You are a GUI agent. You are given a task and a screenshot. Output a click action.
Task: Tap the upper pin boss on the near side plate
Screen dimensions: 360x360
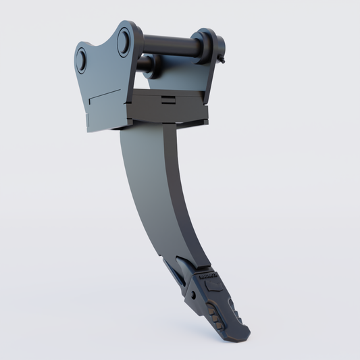point(124,43)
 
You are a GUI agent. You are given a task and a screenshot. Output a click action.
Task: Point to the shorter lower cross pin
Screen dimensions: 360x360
point(146,65)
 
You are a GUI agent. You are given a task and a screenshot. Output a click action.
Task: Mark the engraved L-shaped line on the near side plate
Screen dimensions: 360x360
point(107,95)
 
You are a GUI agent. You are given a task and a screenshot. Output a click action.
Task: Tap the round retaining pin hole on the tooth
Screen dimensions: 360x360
point(194,294)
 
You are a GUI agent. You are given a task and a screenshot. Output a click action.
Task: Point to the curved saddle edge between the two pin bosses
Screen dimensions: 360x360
point(101,43)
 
